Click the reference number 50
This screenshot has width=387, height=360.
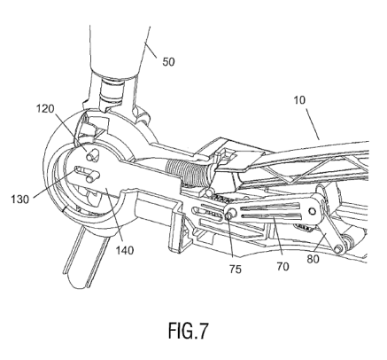coord(168,62)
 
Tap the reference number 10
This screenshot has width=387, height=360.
coord(299,100)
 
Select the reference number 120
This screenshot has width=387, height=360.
coord(45,109)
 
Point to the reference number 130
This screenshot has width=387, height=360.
coord(20,200)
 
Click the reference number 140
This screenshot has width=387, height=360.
coord(125,250)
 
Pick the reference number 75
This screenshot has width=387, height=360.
coord(236,270)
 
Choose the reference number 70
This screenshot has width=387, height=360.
coord(283,267)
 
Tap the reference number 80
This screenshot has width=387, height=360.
coord(313,259)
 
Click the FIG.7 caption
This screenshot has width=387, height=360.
coord(189,331)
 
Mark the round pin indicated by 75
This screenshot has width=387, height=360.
coord(230,213)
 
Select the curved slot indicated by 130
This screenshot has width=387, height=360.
coord(86,174)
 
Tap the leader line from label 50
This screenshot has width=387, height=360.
coord(151,51)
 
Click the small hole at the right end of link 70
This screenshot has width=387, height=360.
coord(313,211)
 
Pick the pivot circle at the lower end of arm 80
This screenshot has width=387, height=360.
coord(338,249)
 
